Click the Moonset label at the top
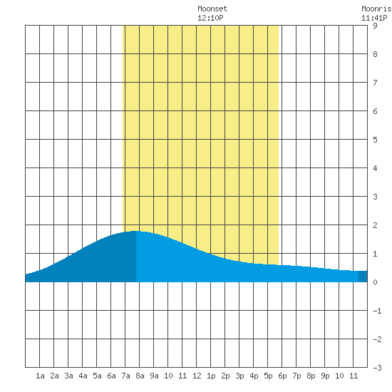point(212,9)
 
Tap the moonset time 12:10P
point(210,18)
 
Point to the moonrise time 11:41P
point(374,18)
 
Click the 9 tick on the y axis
point(375,26)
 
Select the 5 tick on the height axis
point(375,140)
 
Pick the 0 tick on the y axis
point(375,282)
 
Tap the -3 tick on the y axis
point(377,368)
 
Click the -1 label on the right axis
point(377,311)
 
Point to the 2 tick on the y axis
point(375,225)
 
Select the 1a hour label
point(40,376)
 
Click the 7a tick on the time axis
point(125,376)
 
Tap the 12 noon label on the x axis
point(197,376)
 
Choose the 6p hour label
point(282,376)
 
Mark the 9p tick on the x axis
point(325,376)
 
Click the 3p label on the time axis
point(239,376)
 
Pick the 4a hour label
point(83,376)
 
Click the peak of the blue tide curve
point(135,231)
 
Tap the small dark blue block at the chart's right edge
point(363,277)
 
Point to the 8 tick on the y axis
point(375,54)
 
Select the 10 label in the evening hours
point(339,376)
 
